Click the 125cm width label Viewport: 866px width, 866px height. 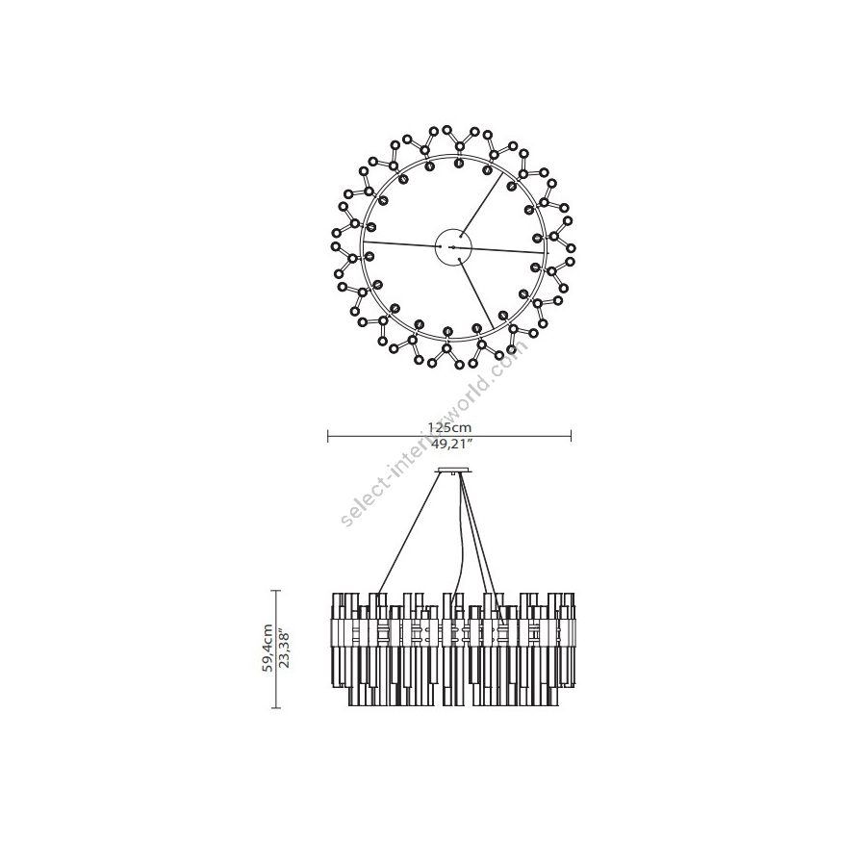tap(449, 427)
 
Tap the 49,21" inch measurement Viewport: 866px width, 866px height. tap(450, 446)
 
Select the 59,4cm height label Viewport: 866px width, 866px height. tap(267, 648)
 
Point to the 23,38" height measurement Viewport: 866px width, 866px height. tap(285, 648)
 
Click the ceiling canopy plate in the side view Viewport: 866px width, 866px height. tap(454, 471)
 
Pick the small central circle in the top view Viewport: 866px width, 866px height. tap(453, 247)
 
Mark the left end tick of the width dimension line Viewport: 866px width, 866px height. tap(328, 437)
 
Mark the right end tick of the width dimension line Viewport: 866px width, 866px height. tap(571, 437)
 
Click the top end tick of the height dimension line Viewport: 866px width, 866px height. tap(276, 591)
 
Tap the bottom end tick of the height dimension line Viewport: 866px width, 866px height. tap(276, 707)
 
